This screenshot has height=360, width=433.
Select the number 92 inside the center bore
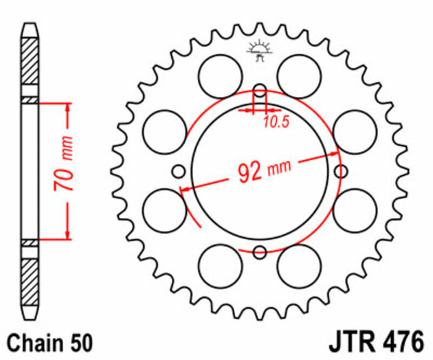(x=250, y=171)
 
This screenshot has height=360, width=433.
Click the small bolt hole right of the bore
(x=339, y=171)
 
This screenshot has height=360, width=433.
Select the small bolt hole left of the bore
(x=179, y=171)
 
